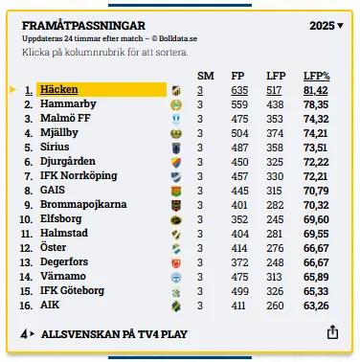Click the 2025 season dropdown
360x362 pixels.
pos(326,26)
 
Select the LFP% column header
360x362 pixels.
pos(316,76)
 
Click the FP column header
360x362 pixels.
pos(237,76)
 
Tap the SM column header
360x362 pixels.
pos(206,76)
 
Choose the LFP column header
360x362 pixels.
pos(276,76)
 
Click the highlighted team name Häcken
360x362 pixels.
pos(59,89)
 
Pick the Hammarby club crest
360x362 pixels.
pos(176,104)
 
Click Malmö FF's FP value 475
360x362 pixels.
pos(239,119)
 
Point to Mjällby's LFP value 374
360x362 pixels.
pos(275,133)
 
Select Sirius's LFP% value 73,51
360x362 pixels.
pos(315,147)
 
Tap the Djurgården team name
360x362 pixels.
pos(68,161)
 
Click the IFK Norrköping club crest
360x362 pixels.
pos(176,176)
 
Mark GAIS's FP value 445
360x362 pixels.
pos(239,191)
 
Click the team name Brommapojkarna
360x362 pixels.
pos(83,205)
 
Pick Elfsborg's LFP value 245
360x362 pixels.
pos(275,219)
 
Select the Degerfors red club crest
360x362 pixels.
pos(176,262)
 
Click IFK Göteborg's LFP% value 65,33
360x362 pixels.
pos(316,291)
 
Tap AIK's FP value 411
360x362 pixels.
pos(238,305)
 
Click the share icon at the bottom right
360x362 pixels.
pos(332,332)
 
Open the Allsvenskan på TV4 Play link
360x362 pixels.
pos(114,334)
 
